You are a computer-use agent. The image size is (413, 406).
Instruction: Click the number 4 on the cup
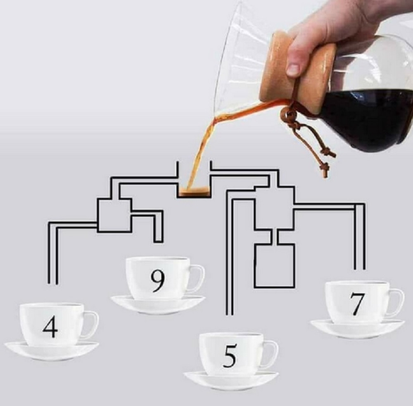50,327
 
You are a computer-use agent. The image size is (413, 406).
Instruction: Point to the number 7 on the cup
357,304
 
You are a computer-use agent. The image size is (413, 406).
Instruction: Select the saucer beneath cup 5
231,381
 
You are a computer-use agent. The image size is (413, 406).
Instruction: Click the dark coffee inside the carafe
369,119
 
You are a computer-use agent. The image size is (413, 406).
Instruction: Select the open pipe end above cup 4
53,284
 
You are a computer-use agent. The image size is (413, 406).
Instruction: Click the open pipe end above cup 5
229,315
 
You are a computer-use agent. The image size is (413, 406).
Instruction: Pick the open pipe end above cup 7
360,269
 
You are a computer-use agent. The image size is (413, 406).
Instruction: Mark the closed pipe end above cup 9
158,241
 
